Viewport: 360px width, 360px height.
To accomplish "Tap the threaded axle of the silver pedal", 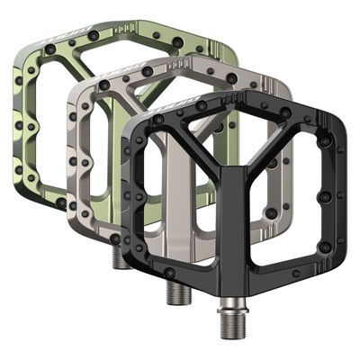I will click(170, 291).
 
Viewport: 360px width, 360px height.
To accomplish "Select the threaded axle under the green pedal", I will click(119, 258).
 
